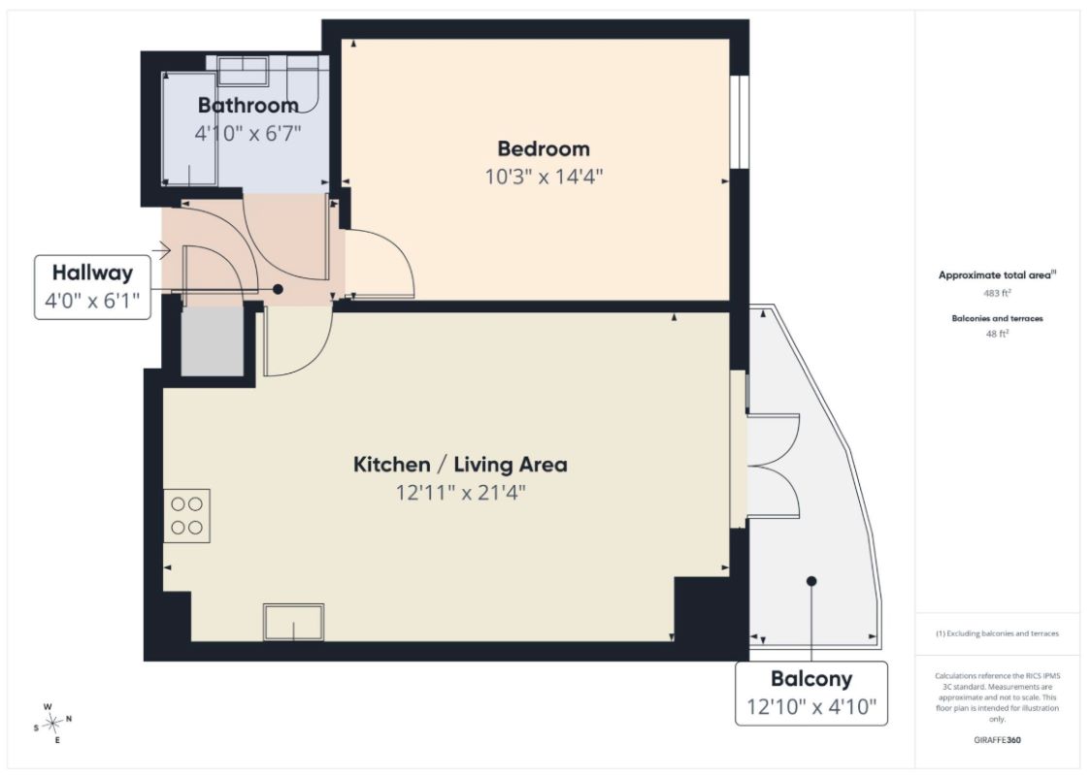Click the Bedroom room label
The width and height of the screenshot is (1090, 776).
pyautogui.click(x=544, y=148)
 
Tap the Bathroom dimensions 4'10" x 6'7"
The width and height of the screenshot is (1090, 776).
pyautogui.click(x=248, y=133)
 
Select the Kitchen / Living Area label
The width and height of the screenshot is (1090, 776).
pyautogui.click(x=460, y=464)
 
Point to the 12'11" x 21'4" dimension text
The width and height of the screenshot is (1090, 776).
pyautogui.click(x=460, y=493)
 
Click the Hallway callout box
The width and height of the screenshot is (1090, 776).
pyautogui.click(x=92, y=287)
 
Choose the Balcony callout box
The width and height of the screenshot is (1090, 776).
pyautogui.click(x=811, y=694)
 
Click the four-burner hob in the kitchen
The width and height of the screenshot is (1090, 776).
pyautogui.click(x=187, y=516)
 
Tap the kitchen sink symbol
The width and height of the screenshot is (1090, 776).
pyautogui.click(x=293, y=622)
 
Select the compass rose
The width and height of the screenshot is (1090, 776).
pyautogui.click(x=52, y=724)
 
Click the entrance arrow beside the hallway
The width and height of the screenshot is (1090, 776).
pyautogui.click(x=161, y=249)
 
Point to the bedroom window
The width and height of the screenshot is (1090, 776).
pyautogui.click(x=739, y=121)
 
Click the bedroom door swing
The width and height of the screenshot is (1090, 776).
pyautogui.click(x=380, y=263)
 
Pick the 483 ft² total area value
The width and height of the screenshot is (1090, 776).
pyautogui.click(x=997, y=293)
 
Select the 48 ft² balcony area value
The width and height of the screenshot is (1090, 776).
pyautogui.click(x=997, y=334)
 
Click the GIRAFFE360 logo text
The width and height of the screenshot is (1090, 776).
pyautogui.click(x=998, y=740)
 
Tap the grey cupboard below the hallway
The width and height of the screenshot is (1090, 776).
pyautogui.click(x=213, y=342)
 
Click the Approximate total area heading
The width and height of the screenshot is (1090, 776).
pyautogui.click(x=997, y=275)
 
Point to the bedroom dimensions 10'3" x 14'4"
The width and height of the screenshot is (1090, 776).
pyautogui.click(x=544, y=177)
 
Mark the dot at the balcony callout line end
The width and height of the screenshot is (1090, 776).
pyautogui.click(x=811, y=581)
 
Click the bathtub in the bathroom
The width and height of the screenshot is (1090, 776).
pyautogui.click(x=189, y=128)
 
